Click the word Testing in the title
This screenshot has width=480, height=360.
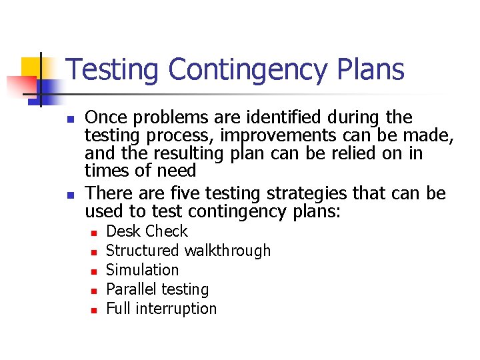pyautogui.click(x=113, y=70)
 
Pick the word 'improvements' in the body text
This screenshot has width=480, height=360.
pyautogui.click(x=285, y=136)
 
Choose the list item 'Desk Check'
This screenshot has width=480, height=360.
pyautogui.click(x=147, y=231)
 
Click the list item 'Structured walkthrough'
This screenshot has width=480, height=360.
pyautogui.click(x=188, y=251)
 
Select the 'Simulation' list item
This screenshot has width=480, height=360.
pyautogui.click(x=142, y=270)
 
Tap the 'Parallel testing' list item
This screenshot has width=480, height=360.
pyautogui.click(x=157, y=289)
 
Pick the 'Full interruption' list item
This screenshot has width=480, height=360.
pyautogui.click(x=161, y=309)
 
